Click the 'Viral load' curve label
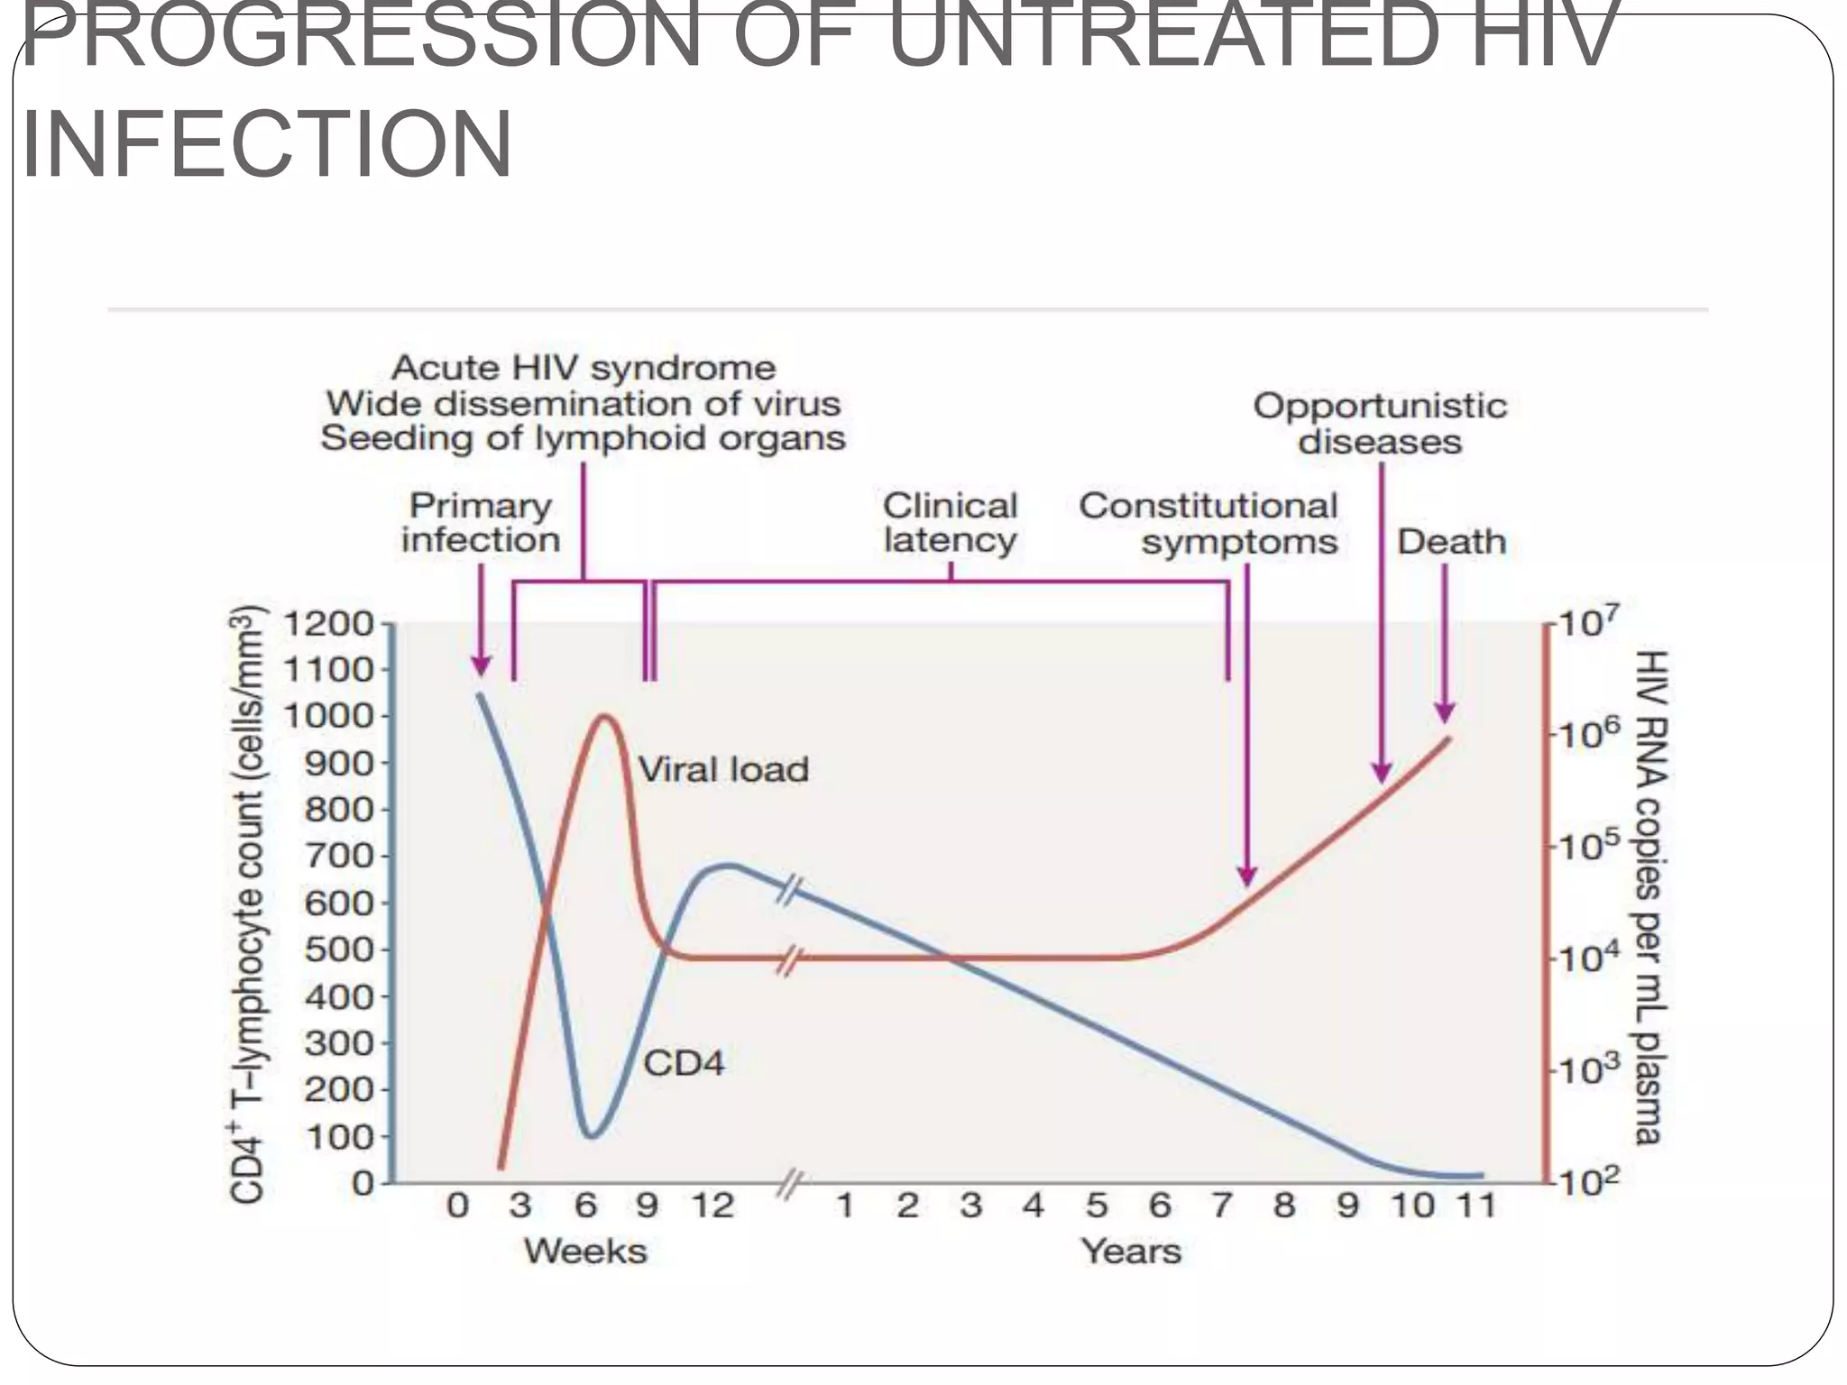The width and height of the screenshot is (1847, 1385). click(x=723, y=770)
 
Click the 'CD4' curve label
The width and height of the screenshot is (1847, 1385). click(x=684, y=1063)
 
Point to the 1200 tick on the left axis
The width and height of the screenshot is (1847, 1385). click(x=329, y=624)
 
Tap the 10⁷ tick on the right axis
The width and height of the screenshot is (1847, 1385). click(x=1587, y=624)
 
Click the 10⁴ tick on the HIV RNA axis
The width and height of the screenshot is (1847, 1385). click(x=1587, y=958)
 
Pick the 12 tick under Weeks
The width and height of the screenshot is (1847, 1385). click(x=712, y=1206)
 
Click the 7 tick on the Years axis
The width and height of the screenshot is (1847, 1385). click(x=1221, y=1206)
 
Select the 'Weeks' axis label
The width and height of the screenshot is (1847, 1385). click(x=586, y=1252)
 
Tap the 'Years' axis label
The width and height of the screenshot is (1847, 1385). click(x=1131, y=1252)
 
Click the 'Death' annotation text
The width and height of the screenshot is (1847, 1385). click(x=1451, y=542)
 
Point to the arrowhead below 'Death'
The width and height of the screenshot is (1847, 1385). click(x=1444, y=712)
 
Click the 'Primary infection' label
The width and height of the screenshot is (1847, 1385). click(x=481, y=523)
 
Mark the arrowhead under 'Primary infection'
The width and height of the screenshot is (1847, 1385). click(x=481, y=666)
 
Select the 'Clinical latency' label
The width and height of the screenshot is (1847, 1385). click(x=950, y=523)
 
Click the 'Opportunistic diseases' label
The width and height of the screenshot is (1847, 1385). click(x=1380, y=424)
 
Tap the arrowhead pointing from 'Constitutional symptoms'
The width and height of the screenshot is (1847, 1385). click(x=1246, y=876)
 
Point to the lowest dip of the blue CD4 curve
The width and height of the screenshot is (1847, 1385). click(x=591, y=1135)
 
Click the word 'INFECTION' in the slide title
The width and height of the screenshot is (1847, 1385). click(x=267, y=144)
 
